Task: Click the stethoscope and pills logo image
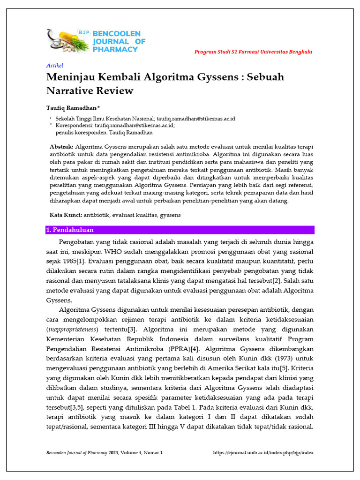pyautogui.click(x=68, y=41)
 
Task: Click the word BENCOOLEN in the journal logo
pyautogui.click(x=120, y=34)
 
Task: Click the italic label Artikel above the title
pyautogui.click(x=54, y=66)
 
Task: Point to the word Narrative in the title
pyautogui.click(x=73, y=90)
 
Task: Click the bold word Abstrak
pyautogui.click(x=61, y=147)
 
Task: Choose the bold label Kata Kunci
pyautogui.click(x=66, y=215)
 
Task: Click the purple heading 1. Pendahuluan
pyautogui.click(x=70, y=230)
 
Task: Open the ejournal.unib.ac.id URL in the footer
pyautogui.click(x=263, y=453)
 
